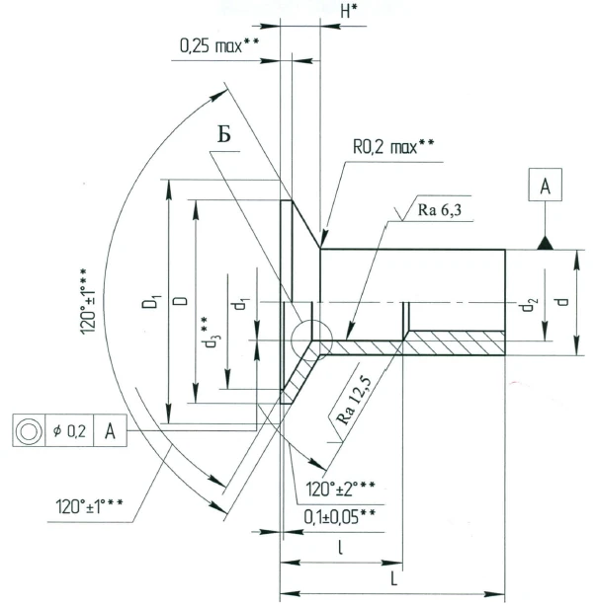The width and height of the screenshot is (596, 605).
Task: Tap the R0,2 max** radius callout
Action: [x=394, y=147]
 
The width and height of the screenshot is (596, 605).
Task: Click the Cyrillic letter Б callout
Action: [x=225, y=135]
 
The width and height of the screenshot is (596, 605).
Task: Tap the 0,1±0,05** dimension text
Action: [x=339, y=515]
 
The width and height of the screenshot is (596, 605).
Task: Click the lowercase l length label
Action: [x=341, y=547]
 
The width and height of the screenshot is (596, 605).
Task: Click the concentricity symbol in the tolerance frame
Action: [x=28, y=431]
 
